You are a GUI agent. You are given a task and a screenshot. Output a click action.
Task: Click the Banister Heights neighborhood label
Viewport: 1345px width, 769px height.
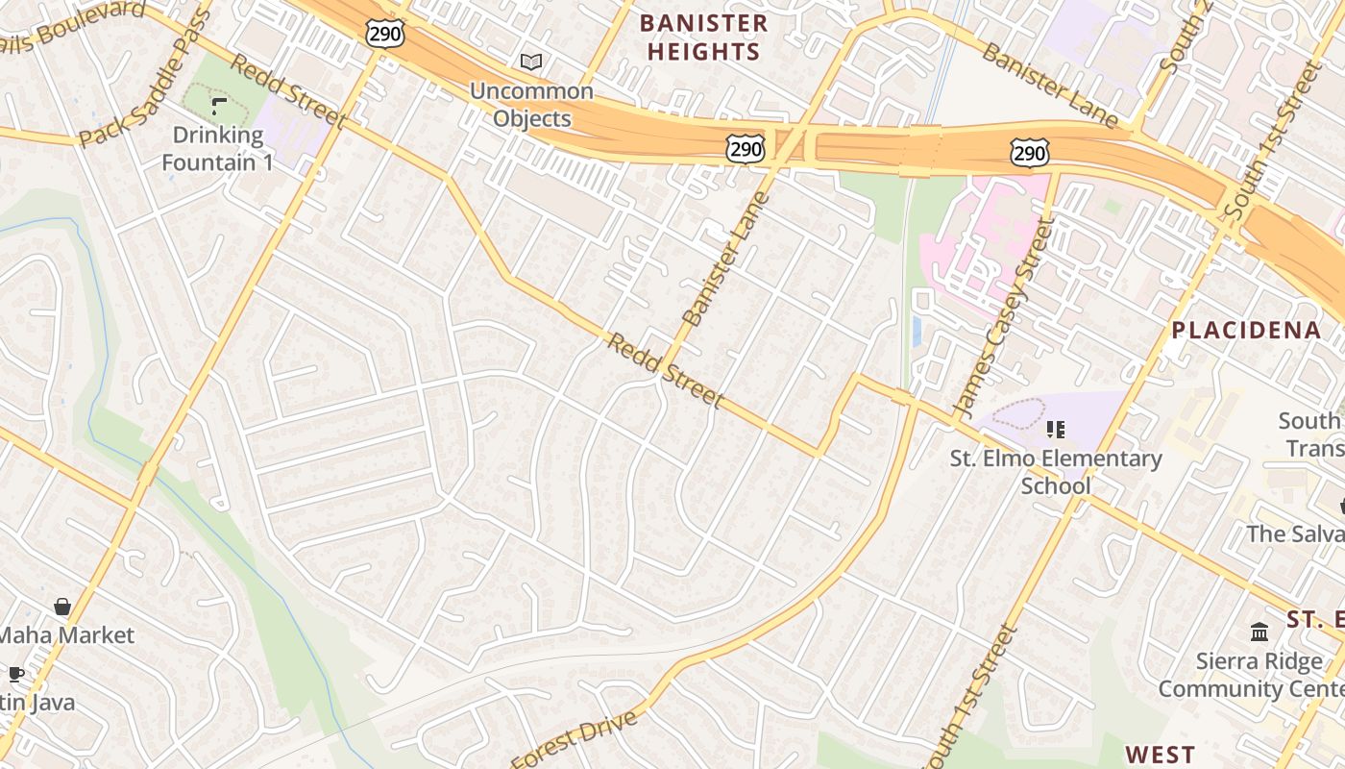coord(704,37)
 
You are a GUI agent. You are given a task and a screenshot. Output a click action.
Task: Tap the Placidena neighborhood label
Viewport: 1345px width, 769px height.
coord(1246,331)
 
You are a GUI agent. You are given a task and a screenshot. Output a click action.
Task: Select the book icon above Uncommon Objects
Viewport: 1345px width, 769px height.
coord(531,62)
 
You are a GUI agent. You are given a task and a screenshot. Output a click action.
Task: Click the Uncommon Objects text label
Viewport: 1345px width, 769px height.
coord(531,105)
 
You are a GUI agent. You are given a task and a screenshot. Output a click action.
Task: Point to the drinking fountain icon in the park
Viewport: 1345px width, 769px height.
coord(219,105)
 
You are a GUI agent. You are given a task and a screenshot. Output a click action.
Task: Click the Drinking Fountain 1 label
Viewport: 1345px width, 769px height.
coord(217,148)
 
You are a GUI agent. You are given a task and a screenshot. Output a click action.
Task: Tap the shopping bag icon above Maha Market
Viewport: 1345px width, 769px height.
coord(62,607)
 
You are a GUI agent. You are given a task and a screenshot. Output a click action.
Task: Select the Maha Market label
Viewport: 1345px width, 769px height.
coord(65,635)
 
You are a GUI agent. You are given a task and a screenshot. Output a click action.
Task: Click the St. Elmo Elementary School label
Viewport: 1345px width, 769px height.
coord(1056,472)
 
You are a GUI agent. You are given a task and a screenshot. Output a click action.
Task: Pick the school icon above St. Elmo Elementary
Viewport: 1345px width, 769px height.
coord(1056,430)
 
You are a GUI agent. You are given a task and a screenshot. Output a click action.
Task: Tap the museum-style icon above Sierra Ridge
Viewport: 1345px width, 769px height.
coord(1259,632)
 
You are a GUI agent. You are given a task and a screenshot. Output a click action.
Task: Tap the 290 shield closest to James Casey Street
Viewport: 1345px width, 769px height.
coord(1028,152)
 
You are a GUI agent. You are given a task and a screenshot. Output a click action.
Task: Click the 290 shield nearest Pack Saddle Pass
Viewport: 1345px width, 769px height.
coord(384,34)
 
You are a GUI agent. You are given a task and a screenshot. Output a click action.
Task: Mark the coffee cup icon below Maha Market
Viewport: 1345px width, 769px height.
coord(15,674)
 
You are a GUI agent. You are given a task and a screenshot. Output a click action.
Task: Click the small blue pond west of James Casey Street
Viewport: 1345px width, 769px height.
coord(916,331)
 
